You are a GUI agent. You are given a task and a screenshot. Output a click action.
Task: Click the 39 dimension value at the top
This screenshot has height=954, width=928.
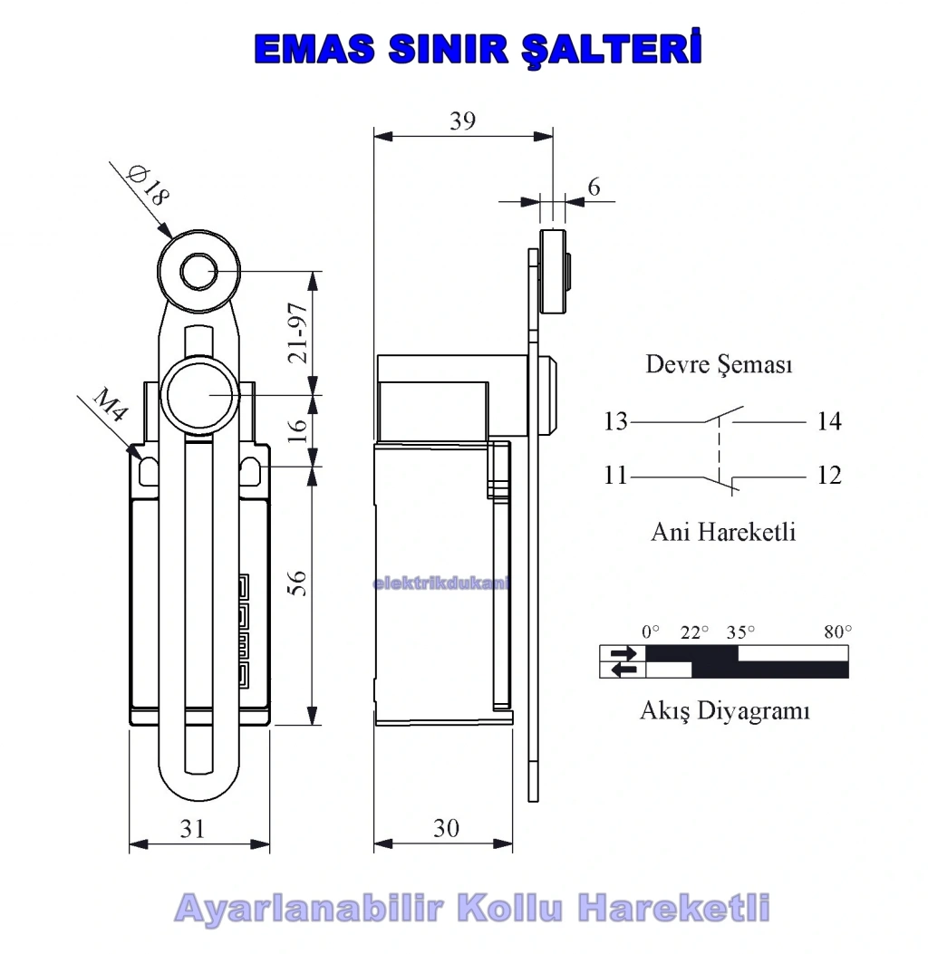coord(462,120)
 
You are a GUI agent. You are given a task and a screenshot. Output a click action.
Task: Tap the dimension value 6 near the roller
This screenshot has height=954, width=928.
coord(594,187)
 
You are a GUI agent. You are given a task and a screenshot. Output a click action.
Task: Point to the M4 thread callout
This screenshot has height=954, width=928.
coord(110,405)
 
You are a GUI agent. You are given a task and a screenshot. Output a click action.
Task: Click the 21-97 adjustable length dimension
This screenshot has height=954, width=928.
coord(298,332)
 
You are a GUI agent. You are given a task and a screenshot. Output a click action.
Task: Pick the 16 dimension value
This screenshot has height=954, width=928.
coord(297,430)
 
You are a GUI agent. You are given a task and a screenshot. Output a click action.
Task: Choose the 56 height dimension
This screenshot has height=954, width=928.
coord(296,583)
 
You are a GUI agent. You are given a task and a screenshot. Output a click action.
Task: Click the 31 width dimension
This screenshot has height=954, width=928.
coord(192,828)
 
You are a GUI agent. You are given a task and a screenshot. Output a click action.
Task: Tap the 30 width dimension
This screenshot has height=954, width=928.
coord(446,827)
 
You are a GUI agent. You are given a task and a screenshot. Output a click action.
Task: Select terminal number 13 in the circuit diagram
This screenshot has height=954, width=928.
coord(615,421)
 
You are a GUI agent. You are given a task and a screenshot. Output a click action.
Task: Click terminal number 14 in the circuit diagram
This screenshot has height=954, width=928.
coord(829,421)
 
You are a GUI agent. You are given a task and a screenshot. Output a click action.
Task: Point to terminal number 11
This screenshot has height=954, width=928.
coord(615,475)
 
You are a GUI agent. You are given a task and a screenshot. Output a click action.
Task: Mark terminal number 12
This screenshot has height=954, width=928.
coord(829,475)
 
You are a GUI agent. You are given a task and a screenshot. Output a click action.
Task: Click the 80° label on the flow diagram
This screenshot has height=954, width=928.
coord(837,632)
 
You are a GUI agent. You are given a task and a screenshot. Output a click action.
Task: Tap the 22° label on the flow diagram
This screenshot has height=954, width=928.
coord(694,632)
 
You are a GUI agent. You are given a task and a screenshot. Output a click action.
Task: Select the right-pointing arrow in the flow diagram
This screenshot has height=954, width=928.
coord(623,653)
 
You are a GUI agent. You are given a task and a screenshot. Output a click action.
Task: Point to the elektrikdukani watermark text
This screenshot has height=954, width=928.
coord(440,583)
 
